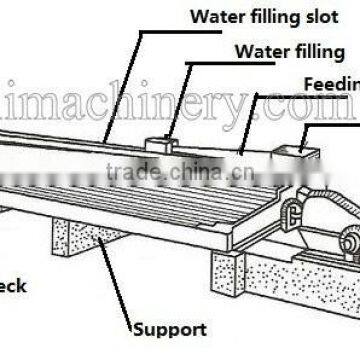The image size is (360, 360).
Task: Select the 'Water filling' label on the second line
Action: click(x=290, y=51)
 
